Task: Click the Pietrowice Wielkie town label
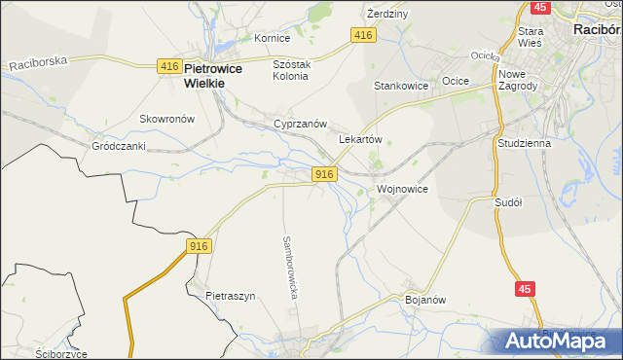coord(219,76)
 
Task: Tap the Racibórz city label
coord(597,30)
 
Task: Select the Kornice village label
coord(273,38)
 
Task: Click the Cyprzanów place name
coord(300,125)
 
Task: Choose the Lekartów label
coord(359,139)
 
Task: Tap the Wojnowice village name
coord(402,188)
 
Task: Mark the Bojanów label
coord(424,300)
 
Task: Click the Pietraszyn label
coord(230,295)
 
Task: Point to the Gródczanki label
coord(119,146)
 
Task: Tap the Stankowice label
coord(402,86)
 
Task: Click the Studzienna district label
coord(524,143)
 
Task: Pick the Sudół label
coord(509,202)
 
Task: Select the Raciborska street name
coord(39,63)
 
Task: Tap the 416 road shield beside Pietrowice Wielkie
coord(168,66)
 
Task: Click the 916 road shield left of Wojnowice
coord(325,173)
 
